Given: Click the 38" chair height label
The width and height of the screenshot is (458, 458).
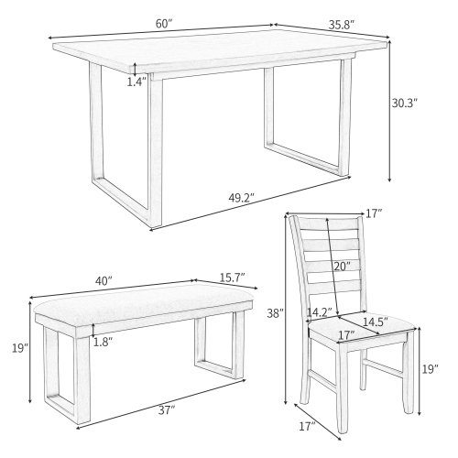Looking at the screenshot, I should pos(275,313).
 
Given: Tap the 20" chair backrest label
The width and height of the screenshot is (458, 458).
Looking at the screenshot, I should pos(341,267).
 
